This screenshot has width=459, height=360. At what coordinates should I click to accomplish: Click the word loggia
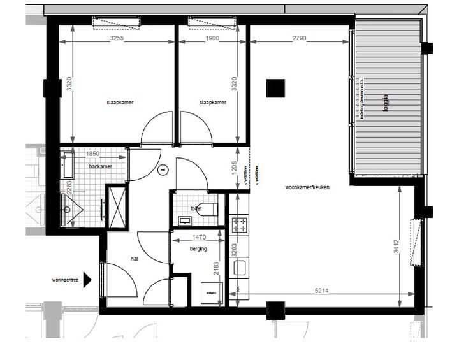(385, 104)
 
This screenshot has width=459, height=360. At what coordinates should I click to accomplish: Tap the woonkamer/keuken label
(307, 188)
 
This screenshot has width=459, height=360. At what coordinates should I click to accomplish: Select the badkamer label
(101, 167)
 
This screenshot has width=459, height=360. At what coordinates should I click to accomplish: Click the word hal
(135, 259)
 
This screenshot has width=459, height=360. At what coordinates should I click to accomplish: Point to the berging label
(198, 249)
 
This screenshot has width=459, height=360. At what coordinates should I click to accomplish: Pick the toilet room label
(196, 208)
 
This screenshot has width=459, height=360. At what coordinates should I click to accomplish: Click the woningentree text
(65, 279)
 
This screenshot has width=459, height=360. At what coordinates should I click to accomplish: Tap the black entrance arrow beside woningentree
(88, 279)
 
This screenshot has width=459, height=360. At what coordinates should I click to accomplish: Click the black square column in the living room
(275, 87)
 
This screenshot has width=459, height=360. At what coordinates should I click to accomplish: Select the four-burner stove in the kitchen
(239, 224)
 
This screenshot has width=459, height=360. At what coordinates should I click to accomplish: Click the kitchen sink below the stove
(240, 268)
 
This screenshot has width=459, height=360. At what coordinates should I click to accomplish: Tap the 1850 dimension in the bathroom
(93, 154)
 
